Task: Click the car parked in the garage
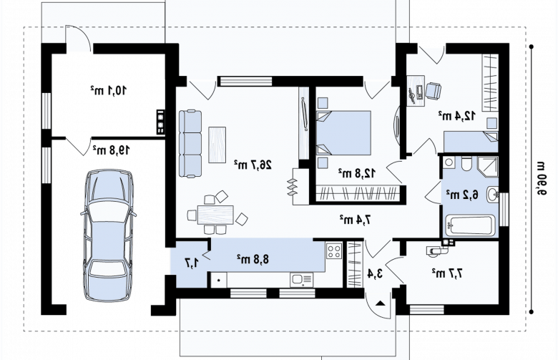(109, 235)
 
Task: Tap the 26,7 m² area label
(253, 165)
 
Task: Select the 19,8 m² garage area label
(111, 150)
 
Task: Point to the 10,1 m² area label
(108, 90)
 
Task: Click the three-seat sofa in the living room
(190, 144)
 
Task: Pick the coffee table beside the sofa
(217, 145)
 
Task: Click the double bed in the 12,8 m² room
(343, 132)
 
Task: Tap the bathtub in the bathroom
(469, 225)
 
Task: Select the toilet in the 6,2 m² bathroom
(466, 164)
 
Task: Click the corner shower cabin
(488, 166)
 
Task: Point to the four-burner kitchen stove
(334, 250)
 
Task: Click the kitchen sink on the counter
(301, 280)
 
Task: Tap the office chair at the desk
(434, 90)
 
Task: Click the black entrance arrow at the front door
(381, 303)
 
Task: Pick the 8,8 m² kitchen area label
(253, 259)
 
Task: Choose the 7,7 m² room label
(448, 273)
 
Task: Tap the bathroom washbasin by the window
(493, 195)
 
